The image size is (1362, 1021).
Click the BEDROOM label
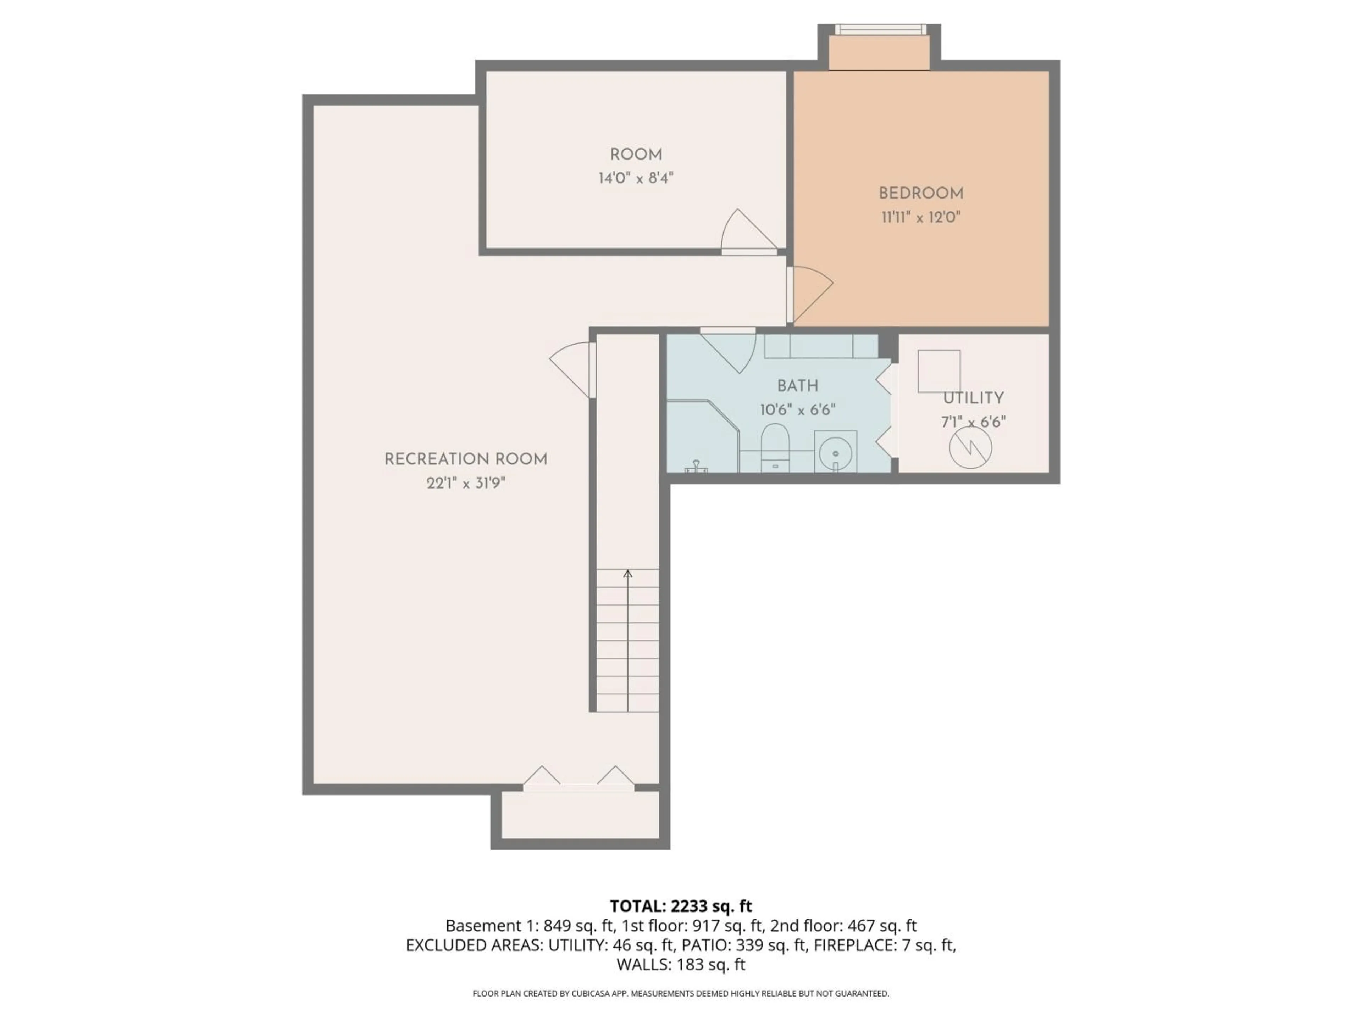[x=920, y=193]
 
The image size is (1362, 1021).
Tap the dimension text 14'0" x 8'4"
[x=636, y=178]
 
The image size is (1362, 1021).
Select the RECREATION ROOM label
[x=465, y=459]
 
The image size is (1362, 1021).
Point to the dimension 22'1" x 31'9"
[x=465, y=483]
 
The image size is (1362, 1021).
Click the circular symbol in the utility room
[x=970, y=447]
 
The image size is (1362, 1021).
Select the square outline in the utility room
[x=939, y=371]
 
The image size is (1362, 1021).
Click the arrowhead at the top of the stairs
[x=627, y=574]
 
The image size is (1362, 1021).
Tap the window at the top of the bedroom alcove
[x=879, y=29]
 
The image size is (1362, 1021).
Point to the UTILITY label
[x=973, y=398]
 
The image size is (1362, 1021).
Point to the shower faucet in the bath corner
[x=696, y=466]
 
